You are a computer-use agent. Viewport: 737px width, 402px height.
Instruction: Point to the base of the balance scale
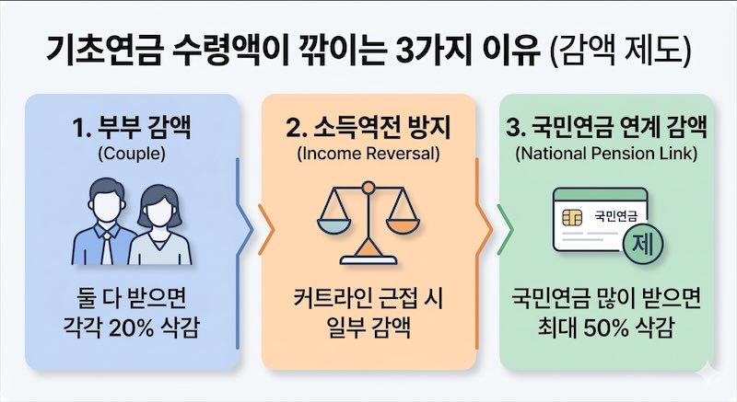tap(368, 257)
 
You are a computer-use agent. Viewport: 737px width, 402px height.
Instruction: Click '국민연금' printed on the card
tap(615, 216)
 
